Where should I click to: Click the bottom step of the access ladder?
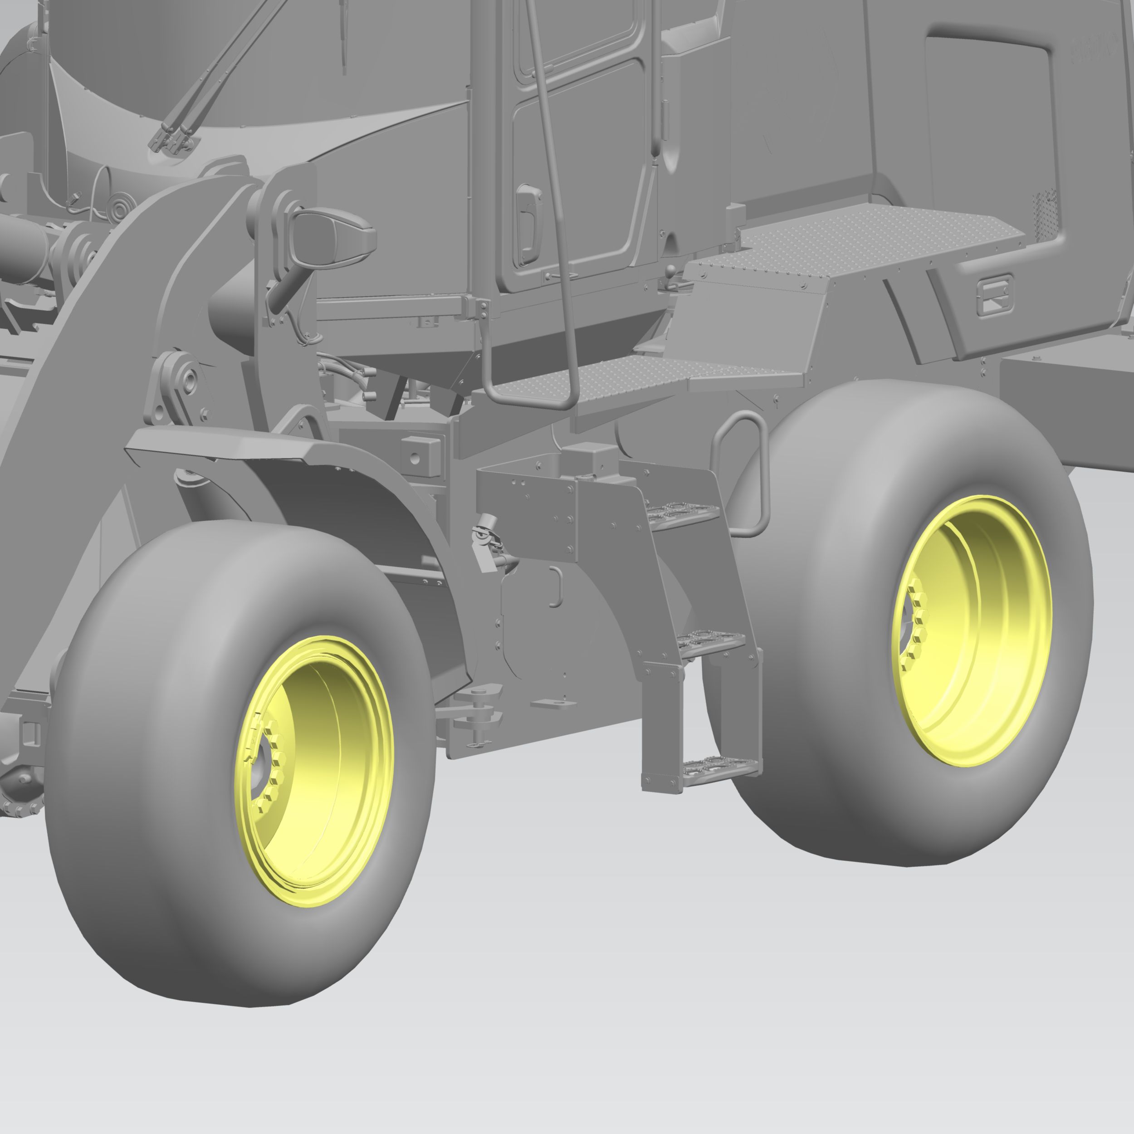pos(719,766)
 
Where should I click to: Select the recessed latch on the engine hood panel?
pos(994,295)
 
